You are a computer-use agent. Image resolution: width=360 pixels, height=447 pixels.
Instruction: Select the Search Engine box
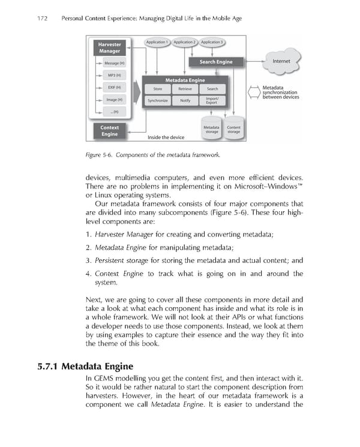(x=215, y=62)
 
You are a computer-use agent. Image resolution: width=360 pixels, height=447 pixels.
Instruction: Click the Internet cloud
(x=281, y=61)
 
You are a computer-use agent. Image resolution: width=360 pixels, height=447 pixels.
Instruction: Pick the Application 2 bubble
(x=184, y=42)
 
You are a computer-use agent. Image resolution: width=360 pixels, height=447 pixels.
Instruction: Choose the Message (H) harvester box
(x=114, y=63)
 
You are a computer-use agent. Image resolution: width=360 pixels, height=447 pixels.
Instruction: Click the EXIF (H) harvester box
(x=114, y=88)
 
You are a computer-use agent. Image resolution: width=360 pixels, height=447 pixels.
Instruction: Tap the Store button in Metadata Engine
(x=158, y=89)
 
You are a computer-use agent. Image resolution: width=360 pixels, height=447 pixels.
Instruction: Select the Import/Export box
(x=212, y=100)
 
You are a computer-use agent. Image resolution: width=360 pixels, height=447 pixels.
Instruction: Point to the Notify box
(x=185, y=100)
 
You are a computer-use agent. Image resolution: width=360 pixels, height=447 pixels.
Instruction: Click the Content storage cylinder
(x=233, y=128)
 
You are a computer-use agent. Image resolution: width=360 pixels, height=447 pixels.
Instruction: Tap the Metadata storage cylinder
(x=211, y=128)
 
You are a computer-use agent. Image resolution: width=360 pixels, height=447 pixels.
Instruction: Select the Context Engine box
(x=109, y=131)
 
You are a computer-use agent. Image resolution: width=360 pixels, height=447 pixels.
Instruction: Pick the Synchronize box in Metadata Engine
(x=158, y=100)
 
